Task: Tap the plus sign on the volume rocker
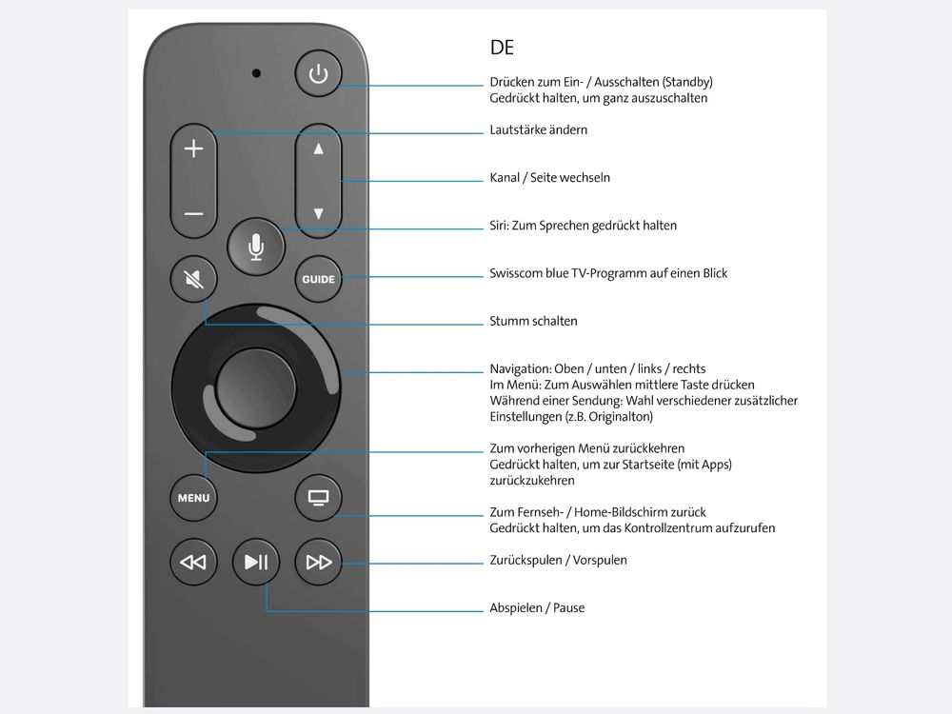(x=194, y=149)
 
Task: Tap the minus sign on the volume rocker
(x=194, y=214)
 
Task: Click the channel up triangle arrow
(x=319, y=149)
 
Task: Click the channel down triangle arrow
(x=319, y=214)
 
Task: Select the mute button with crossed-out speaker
(x=194, y=280)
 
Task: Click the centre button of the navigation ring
(x=256, y=387)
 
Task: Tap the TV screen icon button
(x=318, y=497)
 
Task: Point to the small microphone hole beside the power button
(x=256, y=72)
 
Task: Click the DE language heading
(x=502, y=48)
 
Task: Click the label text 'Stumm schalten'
(x=533, y=321)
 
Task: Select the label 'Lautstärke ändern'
(x=538, y=129)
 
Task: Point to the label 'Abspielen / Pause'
(x=537, y=607)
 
